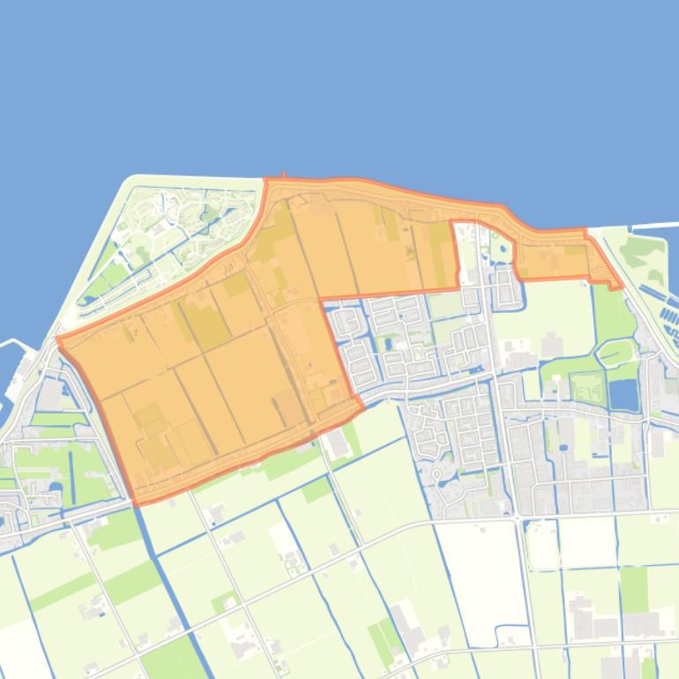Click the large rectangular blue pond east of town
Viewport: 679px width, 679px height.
pyautogui.click(x=623, y=394)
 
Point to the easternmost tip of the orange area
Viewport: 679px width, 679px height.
pyautogui.click(x=621, y=287)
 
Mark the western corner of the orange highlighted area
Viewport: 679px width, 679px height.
pyautogui.click(x=58, y=338)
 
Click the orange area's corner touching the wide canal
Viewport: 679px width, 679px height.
pyautogui.click(x=134, y=503)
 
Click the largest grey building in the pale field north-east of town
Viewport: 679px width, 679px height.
pyautogui.click(x=553, y=344)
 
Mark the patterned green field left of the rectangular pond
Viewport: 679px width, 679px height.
pyautogui.click(x=584, y=387)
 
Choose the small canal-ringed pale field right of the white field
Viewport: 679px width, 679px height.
pyautogui.click(x=541, y=547)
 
